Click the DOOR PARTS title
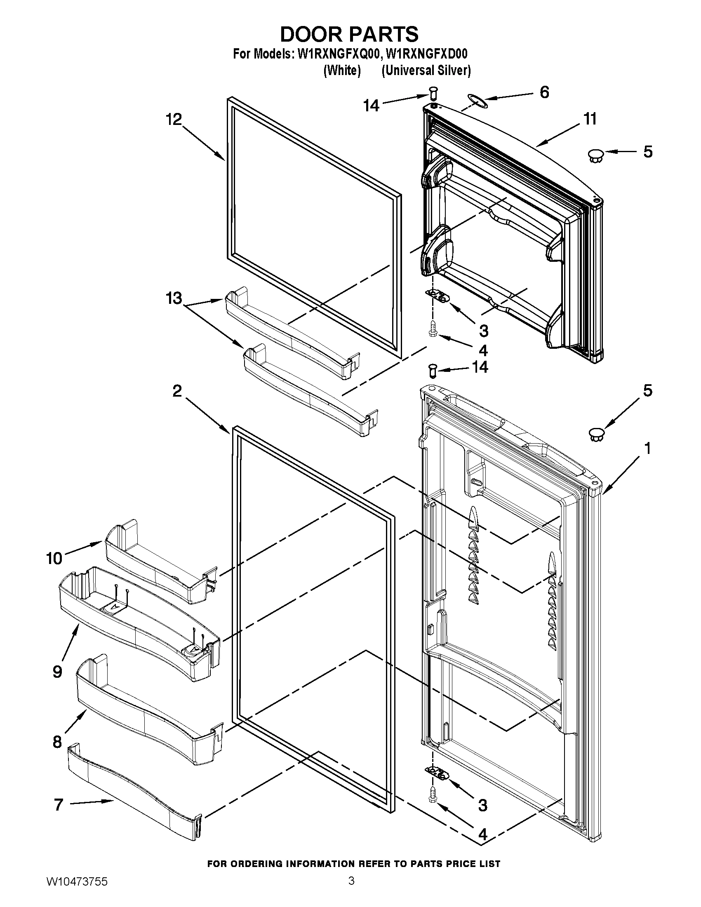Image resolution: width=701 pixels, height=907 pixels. pos(349,35)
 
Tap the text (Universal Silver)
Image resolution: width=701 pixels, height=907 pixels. pos(426,70)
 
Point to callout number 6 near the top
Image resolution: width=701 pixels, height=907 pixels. pos(544,92)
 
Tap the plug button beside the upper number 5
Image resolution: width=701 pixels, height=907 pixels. pos(596,156)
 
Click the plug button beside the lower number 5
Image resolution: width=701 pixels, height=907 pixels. pos(596,435)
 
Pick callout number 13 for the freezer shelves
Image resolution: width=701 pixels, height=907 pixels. pos(174,298)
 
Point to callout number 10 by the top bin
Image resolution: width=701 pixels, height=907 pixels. pos(54,559)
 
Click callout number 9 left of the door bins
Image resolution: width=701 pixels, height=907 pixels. pos(58,672)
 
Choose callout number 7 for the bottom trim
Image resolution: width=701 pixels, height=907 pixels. pos(59,805)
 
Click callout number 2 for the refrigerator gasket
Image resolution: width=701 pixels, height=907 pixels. pos(177,391)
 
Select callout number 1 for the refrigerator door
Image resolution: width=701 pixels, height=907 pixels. pos(647,449)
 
